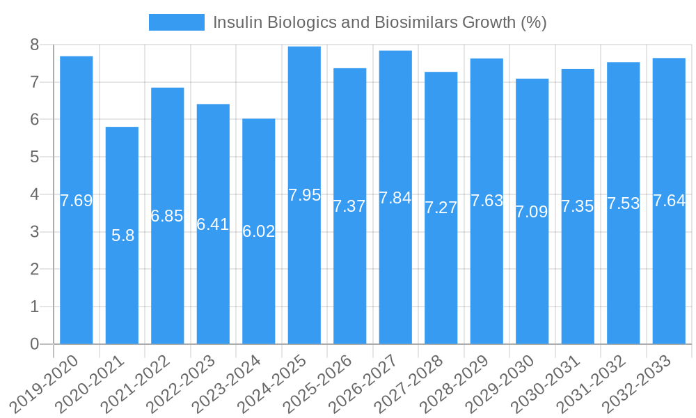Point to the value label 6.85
[167, 216]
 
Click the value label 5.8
[122, 235]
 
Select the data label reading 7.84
[395, 198]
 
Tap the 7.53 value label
[623, 203]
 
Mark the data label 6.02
[259, 231]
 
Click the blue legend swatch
[177, 22]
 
